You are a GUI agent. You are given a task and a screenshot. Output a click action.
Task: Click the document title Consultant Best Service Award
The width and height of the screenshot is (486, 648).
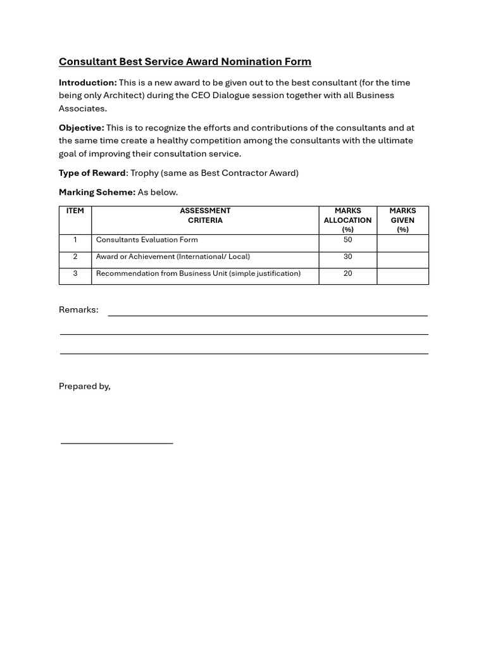click(185, 61)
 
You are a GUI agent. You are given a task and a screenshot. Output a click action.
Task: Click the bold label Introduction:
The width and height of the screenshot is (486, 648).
click(88, 83)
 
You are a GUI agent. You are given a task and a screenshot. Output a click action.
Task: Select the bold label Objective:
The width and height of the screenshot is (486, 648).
click(82, 128)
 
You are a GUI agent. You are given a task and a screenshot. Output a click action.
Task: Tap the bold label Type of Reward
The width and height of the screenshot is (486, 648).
click(92, 173)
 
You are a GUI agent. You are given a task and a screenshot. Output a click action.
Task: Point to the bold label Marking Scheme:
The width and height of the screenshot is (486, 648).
click(97, 192)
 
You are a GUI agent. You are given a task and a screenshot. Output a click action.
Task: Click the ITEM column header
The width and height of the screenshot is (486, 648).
click(75, 211)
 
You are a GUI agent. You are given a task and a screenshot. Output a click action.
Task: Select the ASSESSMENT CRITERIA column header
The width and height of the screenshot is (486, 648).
click(205, 216)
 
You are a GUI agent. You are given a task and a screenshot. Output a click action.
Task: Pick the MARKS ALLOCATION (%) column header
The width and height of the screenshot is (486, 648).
click(347, 220)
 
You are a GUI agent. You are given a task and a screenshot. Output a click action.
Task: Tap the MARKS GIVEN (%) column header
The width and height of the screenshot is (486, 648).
click(402, 220)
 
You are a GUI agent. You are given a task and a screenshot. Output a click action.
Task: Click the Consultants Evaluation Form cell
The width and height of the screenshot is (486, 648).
click(147, 240)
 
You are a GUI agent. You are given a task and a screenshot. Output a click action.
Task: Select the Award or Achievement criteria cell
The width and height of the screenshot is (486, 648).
click(173, 257)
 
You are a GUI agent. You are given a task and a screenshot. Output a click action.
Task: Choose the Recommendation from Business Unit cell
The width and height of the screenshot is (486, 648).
click(198, 273)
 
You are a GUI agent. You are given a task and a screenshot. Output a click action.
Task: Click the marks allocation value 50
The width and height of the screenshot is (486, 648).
click(347, 240)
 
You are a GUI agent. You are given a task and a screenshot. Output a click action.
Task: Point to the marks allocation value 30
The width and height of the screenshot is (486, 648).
click(347, 257)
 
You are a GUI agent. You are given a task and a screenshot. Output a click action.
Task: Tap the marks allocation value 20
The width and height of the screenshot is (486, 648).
click(347, 273)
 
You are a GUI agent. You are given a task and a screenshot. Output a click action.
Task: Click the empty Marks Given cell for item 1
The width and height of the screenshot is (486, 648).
click(402, 243)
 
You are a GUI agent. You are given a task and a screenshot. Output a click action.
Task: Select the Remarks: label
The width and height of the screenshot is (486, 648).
click(78, 309)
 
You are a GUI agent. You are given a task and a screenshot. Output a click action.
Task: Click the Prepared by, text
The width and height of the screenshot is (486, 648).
click(85, 386)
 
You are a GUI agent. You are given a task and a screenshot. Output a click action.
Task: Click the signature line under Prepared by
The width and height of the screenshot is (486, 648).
click(116, 443)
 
